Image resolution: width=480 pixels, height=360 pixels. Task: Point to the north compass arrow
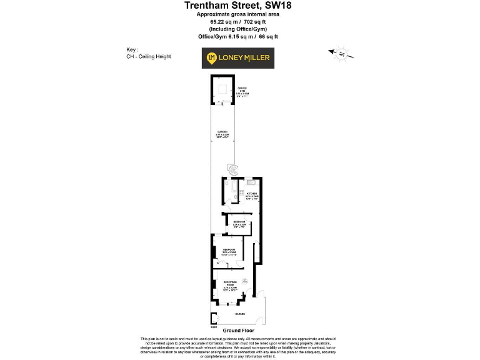(x=341, y=54)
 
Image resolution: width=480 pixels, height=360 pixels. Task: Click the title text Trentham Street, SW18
(x=237, y=6)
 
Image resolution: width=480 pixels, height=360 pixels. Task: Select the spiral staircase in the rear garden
(x=233, y=169)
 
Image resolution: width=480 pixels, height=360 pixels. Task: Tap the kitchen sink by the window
(x=251, y=182)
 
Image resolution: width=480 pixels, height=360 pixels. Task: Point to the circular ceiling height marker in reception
(x=246, y=281)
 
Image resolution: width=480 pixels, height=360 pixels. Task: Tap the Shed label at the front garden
(x=213, y=326)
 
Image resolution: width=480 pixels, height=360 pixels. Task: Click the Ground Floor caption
(x=238, y=331)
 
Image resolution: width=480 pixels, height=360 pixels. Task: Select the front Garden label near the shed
(x=239, y=314)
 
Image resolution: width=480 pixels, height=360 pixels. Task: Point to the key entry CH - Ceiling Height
(x=149, y=57)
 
